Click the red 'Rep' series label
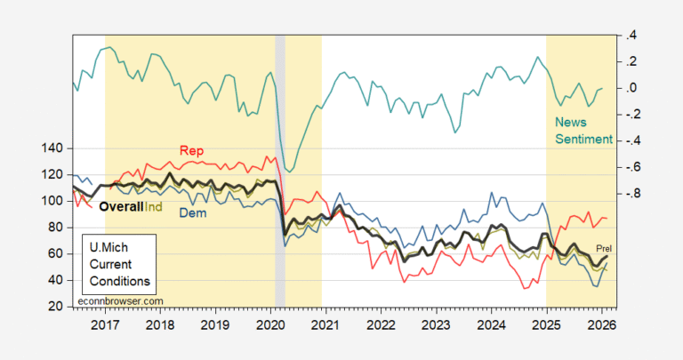pyautogui.click(x=191, y=150)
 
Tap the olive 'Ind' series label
pyautogui.click(x=154, y=206)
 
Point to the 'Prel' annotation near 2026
pyautogui.click(x=604, y=247)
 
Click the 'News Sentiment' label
pyautogui.click(x=583, y=131)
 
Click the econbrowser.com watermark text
pyautogui.click(x=122, y=300)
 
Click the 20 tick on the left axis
pyautogui.click(x=58, y=307)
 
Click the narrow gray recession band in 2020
pyautogui.click(x=280, y=169)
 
